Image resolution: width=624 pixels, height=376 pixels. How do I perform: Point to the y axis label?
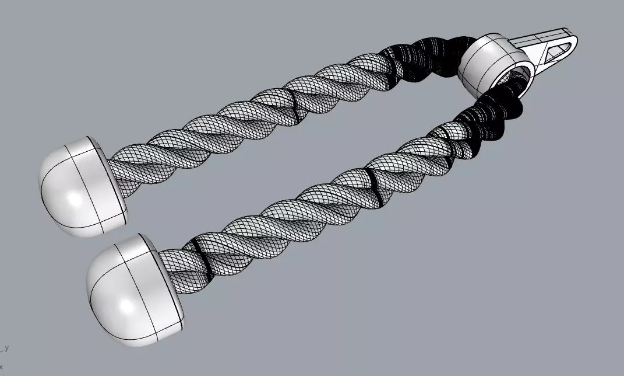pos(6,348)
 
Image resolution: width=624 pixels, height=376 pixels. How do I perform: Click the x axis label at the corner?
pos(2,367)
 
